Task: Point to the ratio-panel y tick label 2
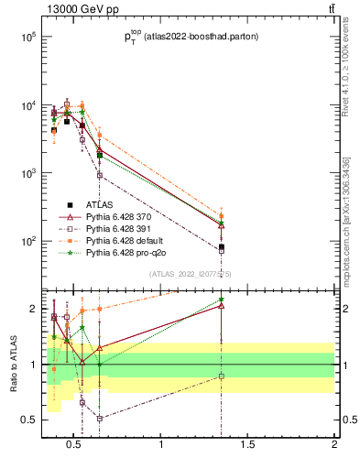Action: click(x=31, y=309)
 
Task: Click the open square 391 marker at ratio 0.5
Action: click(x=100, y=419)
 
